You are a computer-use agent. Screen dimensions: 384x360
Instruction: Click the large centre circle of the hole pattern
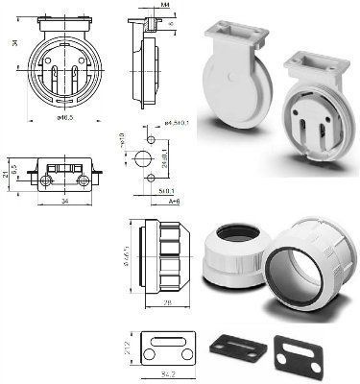(x=144, y=157)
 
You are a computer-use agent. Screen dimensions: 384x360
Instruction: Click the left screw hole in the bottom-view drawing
(x=46, y=181)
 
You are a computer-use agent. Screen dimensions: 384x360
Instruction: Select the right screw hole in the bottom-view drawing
(x=84, y=181)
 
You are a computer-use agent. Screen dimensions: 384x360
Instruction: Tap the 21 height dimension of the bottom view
(x=7, y=174)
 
